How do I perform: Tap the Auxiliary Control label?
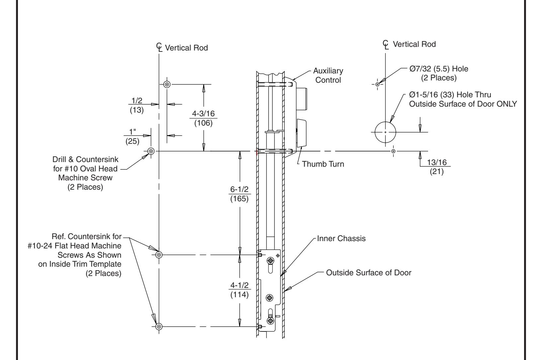328,75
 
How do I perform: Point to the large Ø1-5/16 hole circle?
385,132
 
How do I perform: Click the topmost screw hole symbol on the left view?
167,84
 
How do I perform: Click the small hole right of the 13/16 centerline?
393,151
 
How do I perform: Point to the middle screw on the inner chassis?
269,297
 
